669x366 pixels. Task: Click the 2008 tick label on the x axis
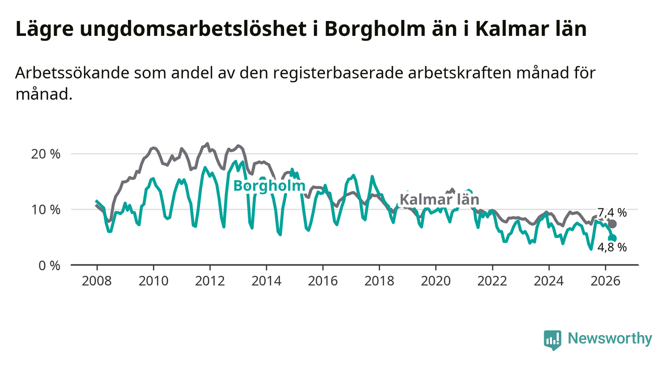click(x=97, y=281)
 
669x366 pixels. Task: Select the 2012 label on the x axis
click(x=210, y=281)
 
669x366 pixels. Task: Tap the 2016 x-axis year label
click(x=323, y=281)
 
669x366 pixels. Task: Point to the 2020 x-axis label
click(x=436, y=281)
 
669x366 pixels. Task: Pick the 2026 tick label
click(x=606, y=281)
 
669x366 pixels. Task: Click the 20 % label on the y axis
click(x=46, y=154)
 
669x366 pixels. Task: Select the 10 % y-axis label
click(x=46, y=210)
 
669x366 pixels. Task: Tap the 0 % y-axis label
click(x=49, y=265)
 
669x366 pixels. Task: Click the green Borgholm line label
click(x=269, y=186)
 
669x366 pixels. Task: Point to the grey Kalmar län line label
click(x=439, y=199)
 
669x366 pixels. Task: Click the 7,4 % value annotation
click(x=612, y=213)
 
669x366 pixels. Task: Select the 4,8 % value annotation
click(x=612, y=247)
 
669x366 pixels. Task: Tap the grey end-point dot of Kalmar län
click(x=612, y=224)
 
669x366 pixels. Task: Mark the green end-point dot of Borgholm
click(x=612, y=238)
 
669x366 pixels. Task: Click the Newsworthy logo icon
click(x=553, y=340)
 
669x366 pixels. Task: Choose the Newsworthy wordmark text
click(x=610, y=339)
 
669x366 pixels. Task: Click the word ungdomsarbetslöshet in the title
click(x=193, y=29)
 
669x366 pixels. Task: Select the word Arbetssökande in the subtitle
click(x=72, y=73)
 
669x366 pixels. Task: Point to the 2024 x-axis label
click(x=549, y=281)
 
